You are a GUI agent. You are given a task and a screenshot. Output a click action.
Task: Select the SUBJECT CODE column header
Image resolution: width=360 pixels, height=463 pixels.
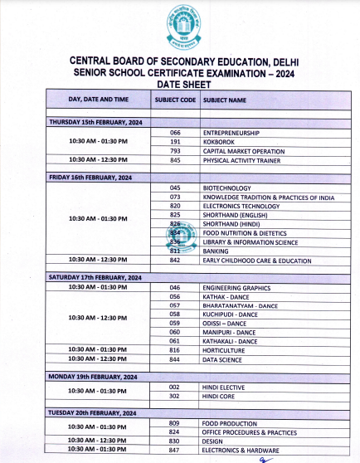click(x=175, y=100)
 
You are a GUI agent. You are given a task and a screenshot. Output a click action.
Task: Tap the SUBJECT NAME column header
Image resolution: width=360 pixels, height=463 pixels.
click(x=225, y=100)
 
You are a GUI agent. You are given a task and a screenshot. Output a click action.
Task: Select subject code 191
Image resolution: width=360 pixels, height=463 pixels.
click(x=175, y=142)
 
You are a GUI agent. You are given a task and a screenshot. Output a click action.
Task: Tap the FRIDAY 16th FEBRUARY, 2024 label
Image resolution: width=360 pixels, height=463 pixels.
click(x=90, y=178)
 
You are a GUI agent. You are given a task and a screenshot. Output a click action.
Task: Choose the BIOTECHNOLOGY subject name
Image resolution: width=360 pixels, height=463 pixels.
click(x=226, y=188)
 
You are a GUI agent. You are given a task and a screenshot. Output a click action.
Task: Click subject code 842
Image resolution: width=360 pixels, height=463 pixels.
click(x=175, y=260)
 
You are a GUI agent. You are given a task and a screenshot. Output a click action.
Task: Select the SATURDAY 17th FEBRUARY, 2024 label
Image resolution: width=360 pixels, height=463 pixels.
click(x=95, y=276)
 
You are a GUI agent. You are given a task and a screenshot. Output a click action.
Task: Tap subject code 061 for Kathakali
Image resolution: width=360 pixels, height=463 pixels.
click(x=175, y=341)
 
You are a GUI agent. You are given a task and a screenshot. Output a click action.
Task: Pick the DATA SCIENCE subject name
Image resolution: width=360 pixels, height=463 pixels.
click(x=222, y=358)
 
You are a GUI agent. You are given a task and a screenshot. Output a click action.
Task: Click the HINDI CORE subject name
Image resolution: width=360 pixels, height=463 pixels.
click(x=221, y=395)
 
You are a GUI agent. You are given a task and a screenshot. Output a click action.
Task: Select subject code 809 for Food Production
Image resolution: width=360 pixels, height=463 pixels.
click(x=175, y=423)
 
